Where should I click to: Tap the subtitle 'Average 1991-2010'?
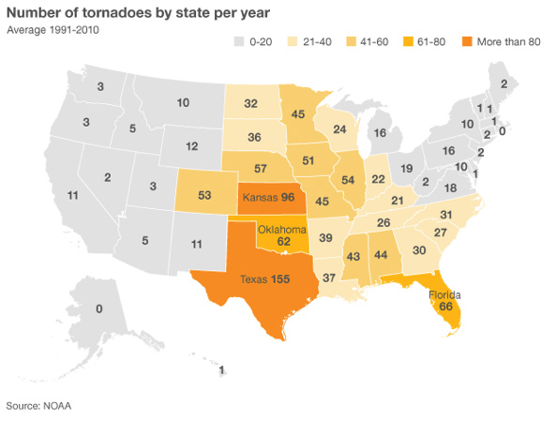click(x=53, y=29)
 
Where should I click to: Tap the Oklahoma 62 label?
click(x=282, y=234)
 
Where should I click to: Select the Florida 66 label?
click(x=445, y=299)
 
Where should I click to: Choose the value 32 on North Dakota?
click(x=251, y=103)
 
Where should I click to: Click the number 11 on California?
click(x=72, y=195)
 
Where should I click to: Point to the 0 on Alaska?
click(x=98, y=308)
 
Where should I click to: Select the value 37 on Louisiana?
click(x=329, y=278)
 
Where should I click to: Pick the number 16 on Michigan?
click(x=380, y=133)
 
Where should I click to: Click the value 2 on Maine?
click(x=503, y=84)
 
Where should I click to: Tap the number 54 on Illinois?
click(x=348, y=180)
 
